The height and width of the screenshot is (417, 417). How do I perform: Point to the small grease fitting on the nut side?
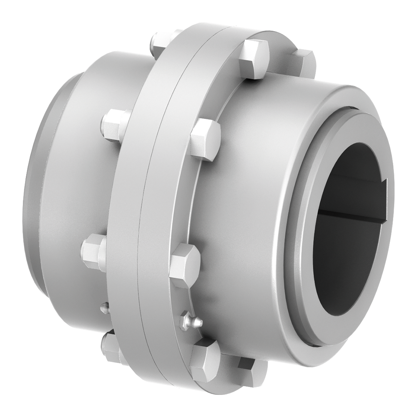104,308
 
